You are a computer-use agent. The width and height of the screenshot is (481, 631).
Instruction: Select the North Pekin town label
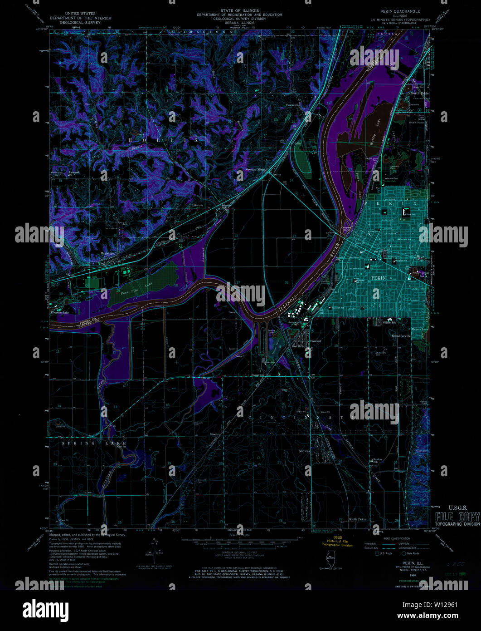[419, 93]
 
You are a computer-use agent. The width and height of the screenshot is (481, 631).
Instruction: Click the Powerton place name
[261, 375]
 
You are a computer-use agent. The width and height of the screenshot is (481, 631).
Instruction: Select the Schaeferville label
[401, 336]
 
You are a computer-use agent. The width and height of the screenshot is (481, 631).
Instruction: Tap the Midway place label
[304, 451]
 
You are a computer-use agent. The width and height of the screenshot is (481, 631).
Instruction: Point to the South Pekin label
[357, 519]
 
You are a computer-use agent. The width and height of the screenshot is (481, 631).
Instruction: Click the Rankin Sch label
[377, 460]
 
